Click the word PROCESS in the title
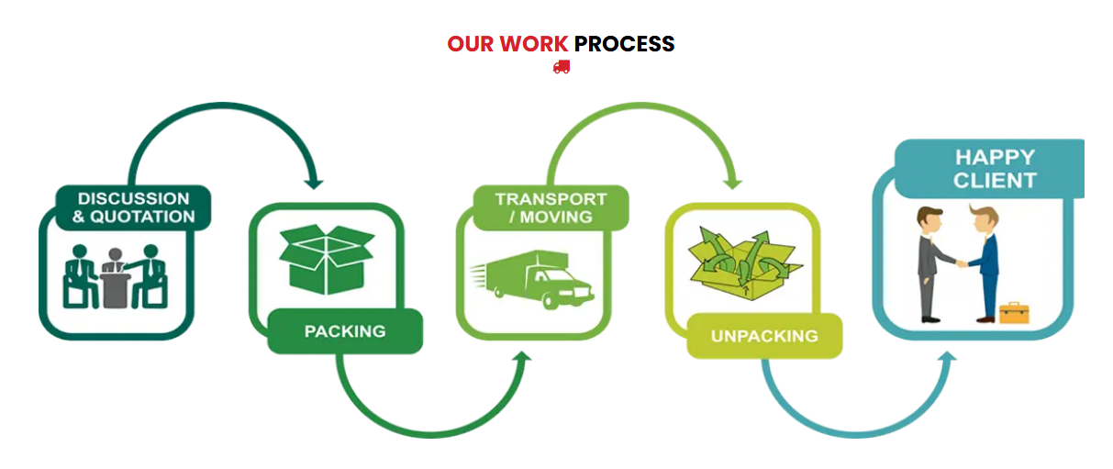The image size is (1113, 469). (625, 44)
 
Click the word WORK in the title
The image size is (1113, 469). (534, 44)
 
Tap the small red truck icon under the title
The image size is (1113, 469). (562, 67)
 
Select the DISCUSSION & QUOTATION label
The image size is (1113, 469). (134, 207)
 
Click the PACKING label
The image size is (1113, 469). (345, 331)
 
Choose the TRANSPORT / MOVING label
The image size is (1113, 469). (551, 207)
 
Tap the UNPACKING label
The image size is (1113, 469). (764, 336)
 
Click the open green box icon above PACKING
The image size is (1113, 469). (327, 259)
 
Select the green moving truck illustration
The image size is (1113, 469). (532, 279)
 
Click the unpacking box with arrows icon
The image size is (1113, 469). (745, 263)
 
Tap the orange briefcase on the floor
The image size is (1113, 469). (1015, 312)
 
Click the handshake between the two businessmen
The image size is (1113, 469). (962, 263)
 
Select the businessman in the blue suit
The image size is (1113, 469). (986, 263)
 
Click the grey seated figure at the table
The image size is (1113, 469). (116, 277)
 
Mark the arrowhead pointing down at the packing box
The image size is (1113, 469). (314, 184)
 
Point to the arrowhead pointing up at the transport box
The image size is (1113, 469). (522, 356)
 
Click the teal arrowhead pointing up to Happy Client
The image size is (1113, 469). (948, 356)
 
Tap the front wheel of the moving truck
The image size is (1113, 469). (550, 300)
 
